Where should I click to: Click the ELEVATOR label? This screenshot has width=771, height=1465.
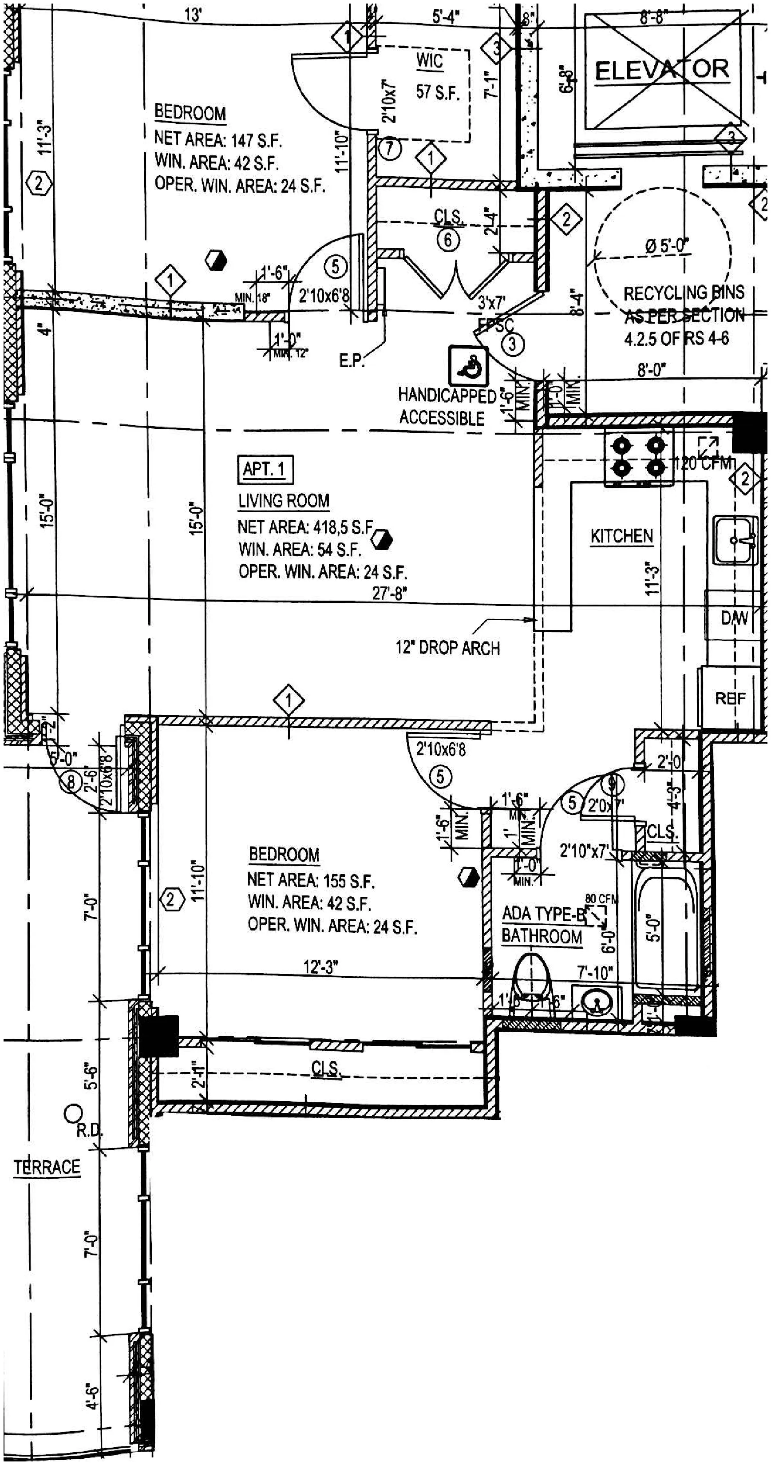point(662,71)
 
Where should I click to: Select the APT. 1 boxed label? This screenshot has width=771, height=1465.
point(265,470)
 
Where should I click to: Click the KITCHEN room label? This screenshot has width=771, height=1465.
point(621,536)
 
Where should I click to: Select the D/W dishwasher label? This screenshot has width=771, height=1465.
point(733,618)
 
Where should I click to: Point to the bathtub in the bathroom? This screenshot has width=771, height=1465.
point(665,927)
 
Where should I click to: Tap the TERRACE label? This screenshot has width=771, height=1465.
point(47,1168)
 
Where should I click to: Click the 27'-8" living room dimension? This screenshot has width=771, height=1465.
point(389,593)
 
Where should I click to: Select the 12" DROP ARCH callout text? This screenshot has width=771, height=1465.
point(447,648)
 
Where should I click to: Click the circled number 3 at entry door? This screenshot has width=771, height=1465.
point(513,344)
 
